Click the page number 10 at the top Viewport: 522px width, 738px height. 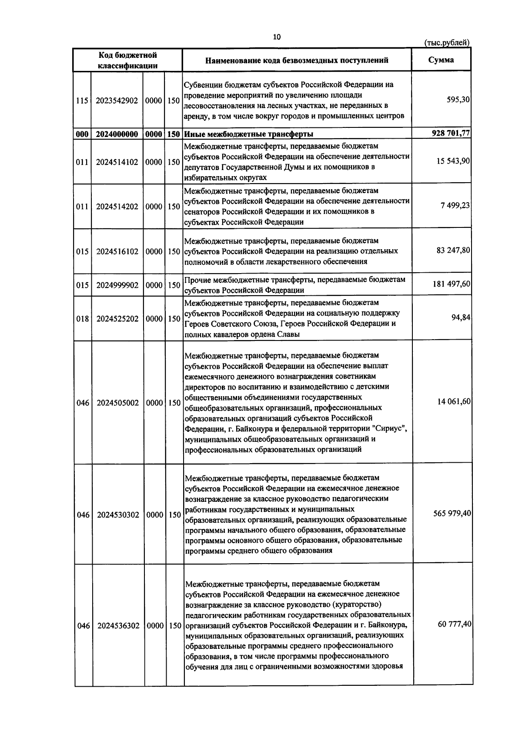click(277, 37)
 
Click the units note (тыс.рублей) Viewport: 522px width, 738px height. click(447, 43)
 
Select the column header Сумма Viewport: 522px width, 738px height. click(441, 60)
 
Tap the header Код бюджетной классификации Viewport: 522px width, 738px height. click(127, 60)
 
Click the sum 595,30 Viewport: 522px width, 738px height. click(458, 100)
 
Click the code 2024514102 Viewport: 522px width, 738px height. click(117, 162)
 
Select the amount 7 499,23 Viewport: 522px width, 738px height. click(455, 206)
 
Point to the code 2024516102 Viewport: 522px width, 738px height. click(117, 252)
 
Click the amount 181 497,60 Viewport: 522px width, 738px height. click(451, 284)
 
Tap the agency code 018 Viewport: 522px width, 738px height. click(82, 319)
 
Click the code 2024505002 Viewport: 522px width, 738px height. click(117, 403)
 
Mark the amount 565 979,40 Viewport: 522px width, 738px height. click(452, 514)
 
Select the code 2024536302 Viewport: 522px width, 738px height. click(118, 626)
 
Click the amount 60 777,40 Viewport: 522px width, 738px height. click(454, 624)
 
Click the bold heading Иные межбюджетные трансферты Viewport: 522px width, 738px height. click(249, 134)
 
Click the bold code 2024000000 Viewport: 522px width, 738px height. click(117, 134)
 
